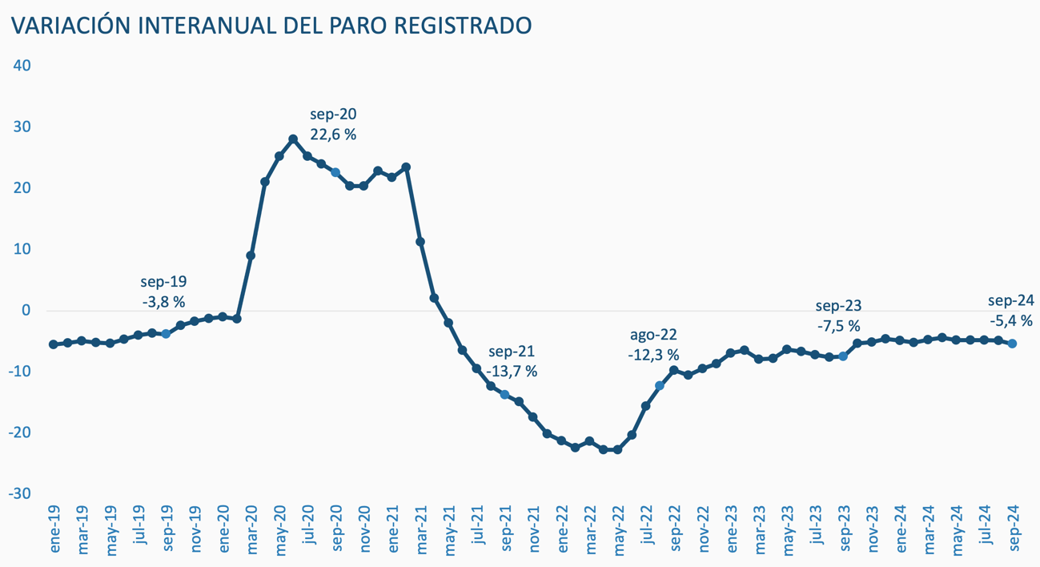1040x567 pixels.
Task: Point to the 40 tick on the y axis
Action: tap(22, 66)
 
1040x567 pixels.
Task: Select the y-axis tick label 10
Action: tap(22, 249)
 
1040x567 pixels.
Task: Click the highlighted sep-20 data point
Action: tap(335, 172)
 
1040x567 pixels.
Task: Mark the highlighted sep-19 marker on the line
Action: tap(166, 334)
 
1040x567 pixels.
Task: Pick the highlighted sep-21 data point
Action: tap(504, 394)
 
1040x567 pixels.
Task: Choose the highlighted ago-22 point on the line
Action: tap(660, 386)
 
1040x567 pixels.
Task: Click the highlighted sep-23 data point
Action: tap(843, 356)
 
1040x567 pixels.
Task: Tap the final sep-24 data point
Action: tap(1012, 344)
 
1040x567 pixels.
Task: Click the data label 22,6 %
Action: tap(333, 135)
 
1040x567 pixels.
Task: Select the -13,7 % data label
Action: tap(511, 372)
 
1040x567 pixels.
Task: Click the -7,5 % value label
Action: tap(837, 326)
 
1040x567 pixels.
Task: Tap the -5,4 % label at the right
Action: tap(1010, 320)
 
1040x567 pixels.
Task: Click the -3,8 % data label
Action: tap(163, 302)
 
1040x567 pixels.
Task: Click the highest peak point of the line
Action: tap(293, 139)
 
